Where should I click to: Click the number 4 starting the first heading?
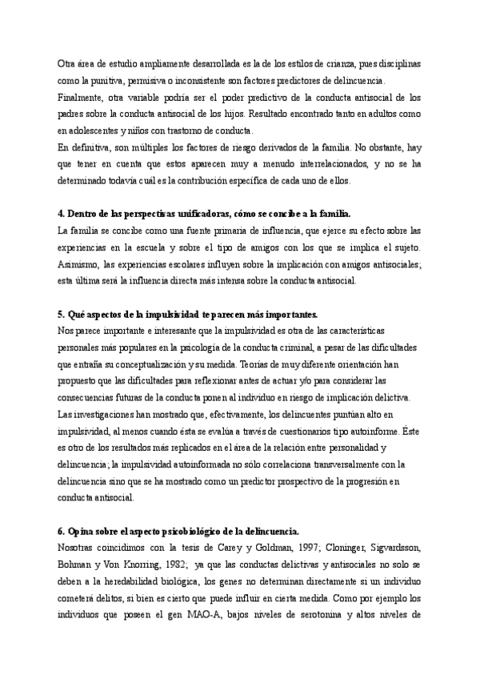click(61, 214)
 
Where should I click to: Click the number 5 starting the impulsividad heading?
click(61, 314)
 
